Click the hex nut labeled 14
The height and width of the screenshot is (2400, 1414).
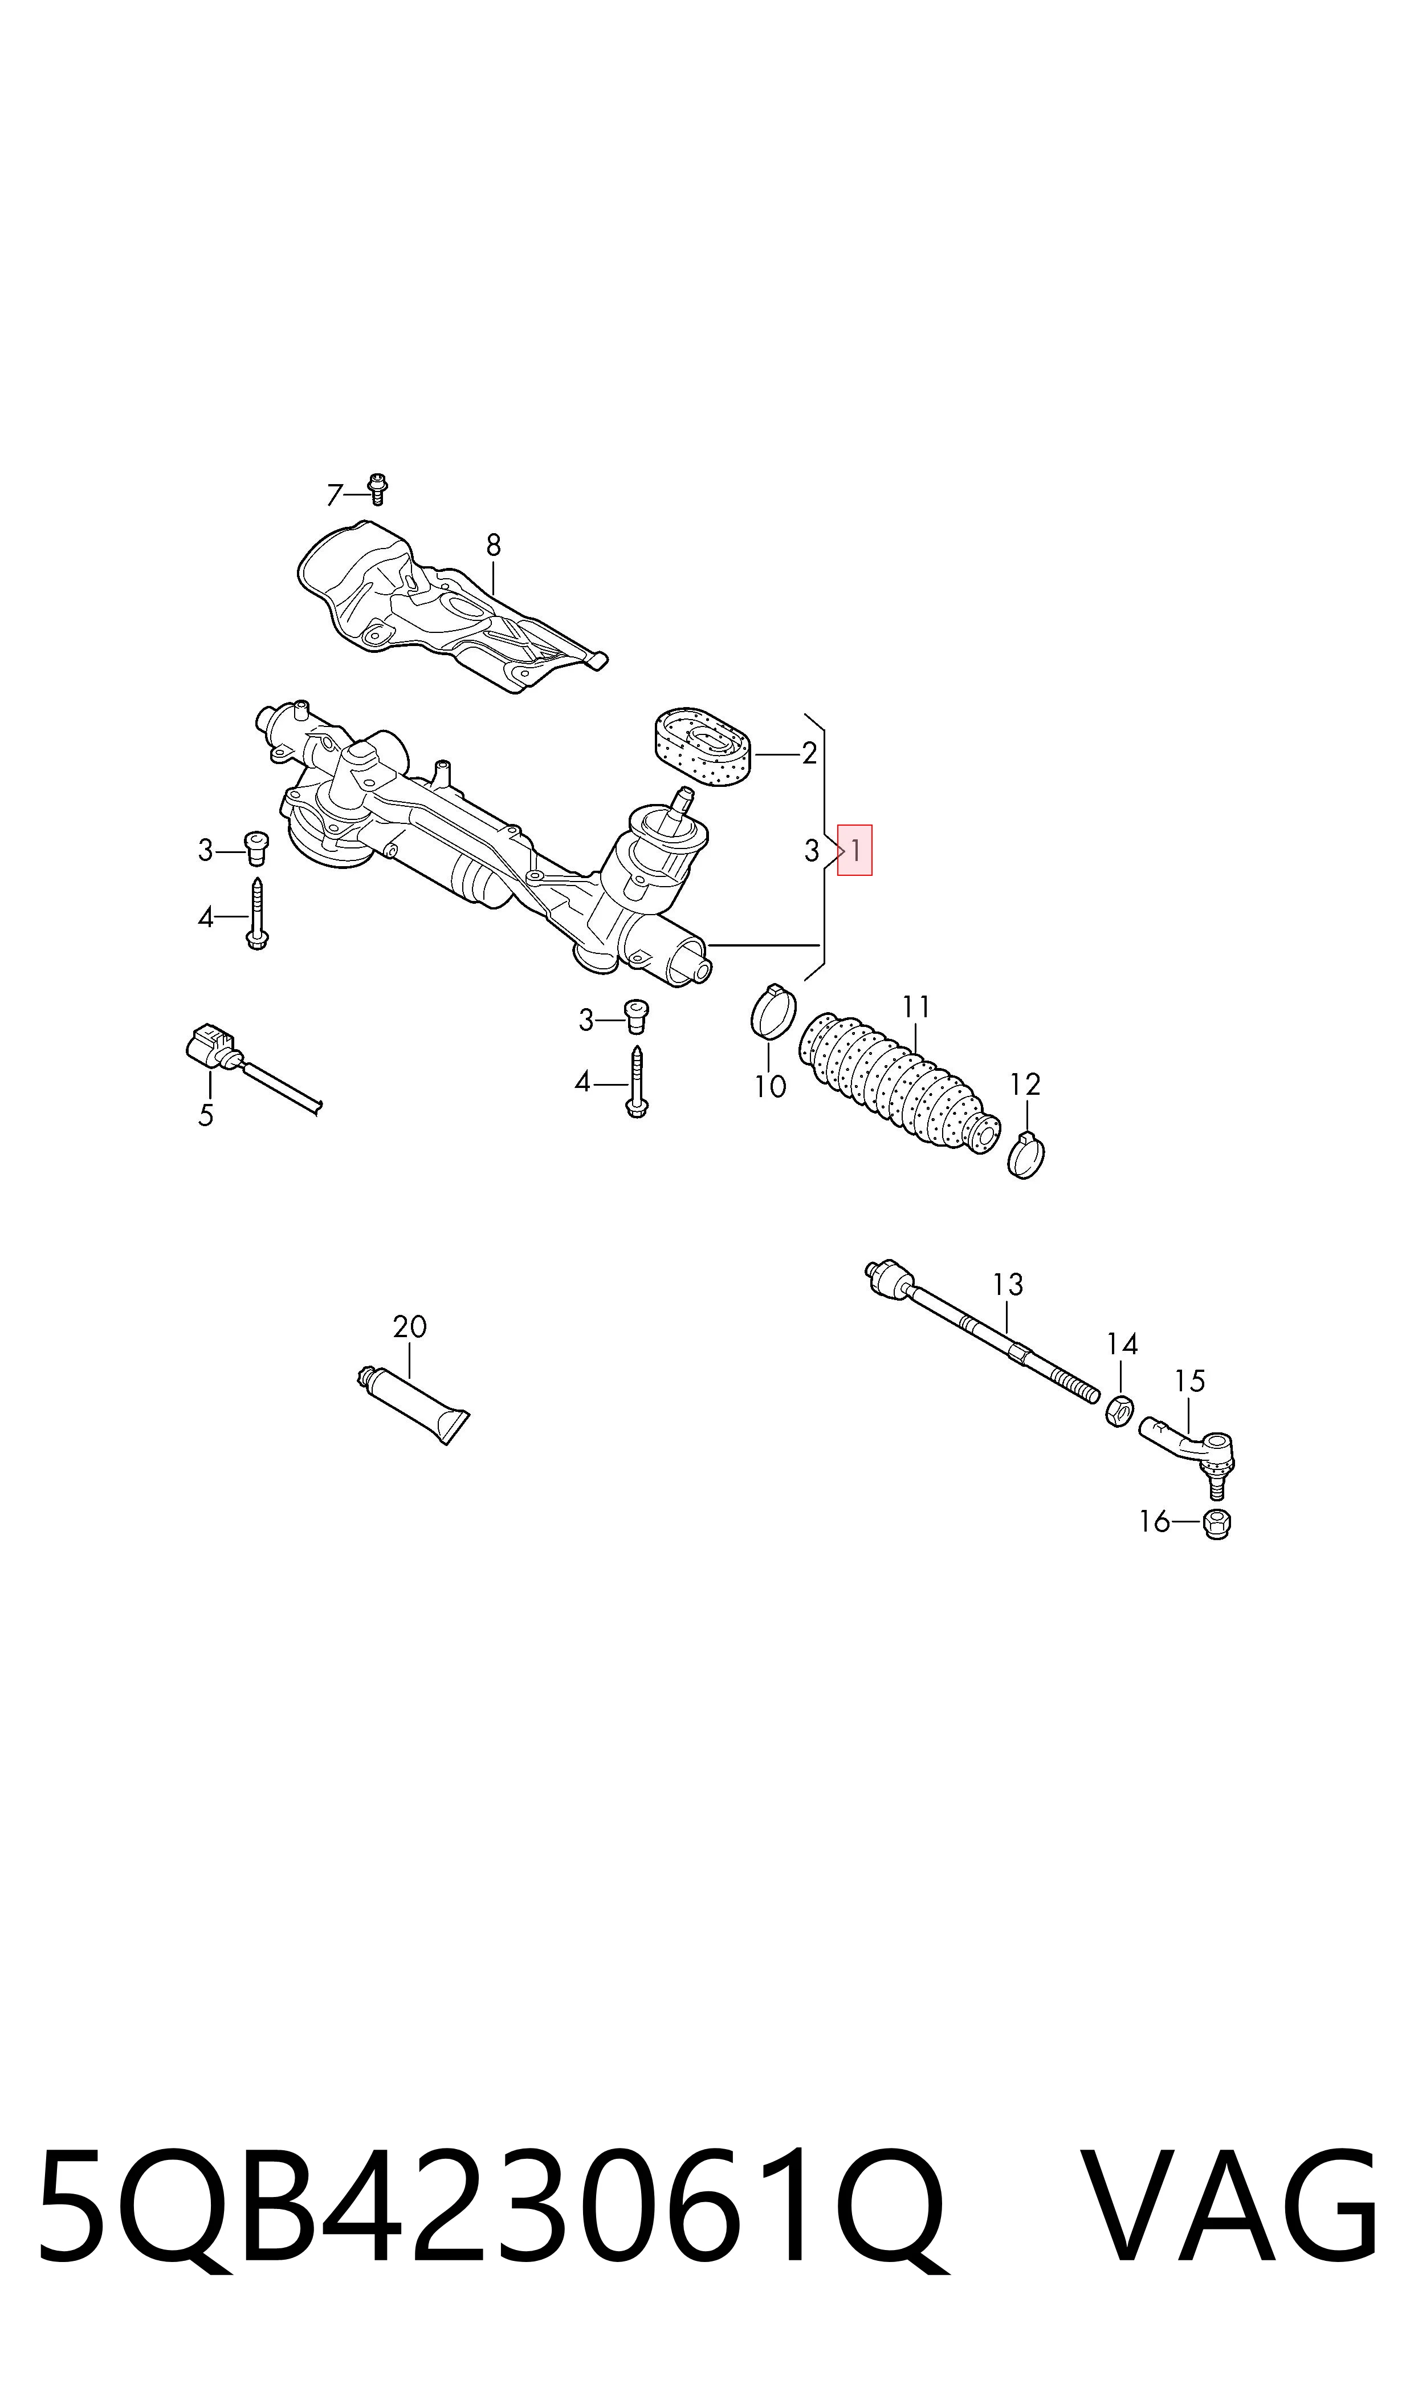coord(1119,1410)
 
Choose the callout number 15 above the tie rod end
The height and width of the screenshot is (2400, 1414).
coord(1190,1380)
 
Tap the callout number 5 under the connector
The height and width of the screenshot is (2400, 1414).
coord(206,1115)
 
